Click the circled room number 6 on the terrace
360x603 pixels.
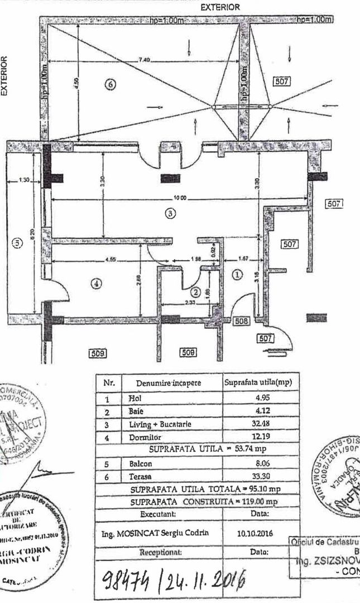tap(110, 84)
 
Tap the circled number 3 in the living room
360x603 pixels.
tap(171, 212)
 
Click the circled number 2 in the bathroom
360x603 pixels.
tap(195, 291)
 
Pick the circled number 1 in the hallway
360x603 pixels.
tap(237, 275)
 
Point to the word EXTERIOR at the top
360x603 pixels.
tap(220, 7)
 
